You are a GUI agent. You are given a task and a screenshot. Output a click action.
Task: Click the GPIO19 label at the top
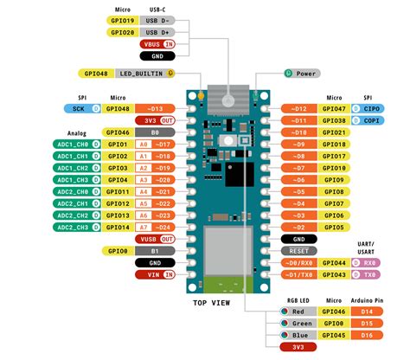(x=122, y=20)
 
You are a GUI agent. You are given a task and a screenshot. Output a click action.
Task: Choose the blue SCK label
(x=79, y=109)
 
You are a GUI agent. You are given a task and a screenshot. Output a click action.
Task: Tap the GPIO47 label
(x=335, y=109)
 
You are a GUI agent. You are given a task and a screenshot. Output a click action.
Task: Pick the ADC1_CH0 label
(x=67, y=145)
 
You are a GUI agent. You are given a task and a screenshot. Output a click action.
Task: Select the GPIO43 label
(x=335, y=274)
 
